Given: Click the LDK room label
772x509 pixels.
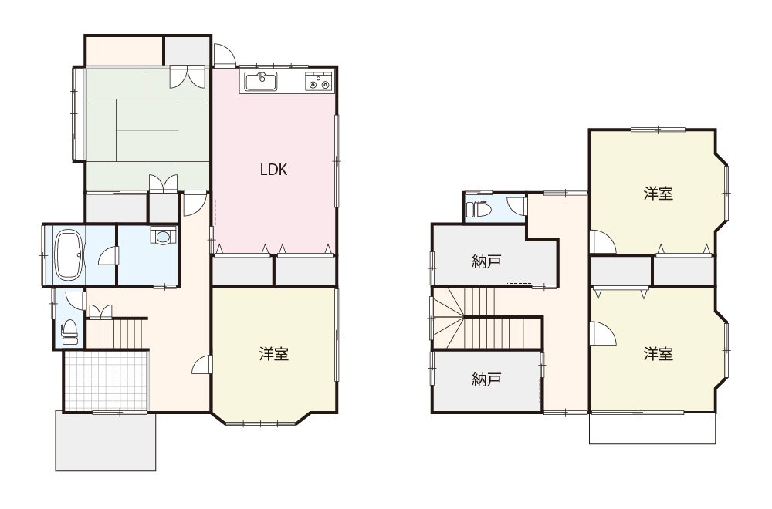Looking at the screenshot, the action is [x=273, y=170].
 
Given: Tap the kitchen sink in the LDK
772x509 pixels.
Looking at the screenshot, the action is [x=261, y=82].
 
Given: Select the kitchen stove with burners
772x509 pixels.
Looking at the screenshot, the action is [x=319, y=82].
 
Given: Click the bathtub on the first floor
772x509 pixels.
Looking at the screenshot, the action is [x=68, y=254].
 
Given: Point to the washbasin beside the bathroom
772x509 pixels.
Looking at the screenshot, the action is [x=163, y=236].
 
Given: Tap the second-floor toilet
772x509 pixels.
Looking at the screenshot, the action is [x=479, y=209].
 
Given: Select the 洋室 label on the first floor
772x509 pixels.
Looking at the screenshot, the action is [x=274, y=353].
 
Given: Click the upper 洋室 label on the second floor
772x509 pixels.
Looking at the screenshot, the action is [x=659, y=194].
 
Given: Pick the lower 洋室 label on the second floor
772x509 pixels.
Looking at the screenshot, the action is [x=659, y=353].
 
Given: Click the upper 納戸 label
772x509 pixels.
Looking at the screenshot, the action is [x=486, y=261].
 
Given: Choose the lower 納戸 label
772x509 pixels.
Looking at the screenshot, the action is [x=486, y=379].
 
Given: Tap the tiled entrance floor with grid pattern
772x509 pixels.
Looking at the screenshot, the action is [x=106, y=380].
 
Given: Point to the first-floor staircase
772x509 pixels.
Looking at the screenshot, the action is [x=117, y=334].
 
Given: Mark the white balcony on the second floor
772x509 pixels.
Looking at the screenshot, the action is [x=652, y=428].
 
